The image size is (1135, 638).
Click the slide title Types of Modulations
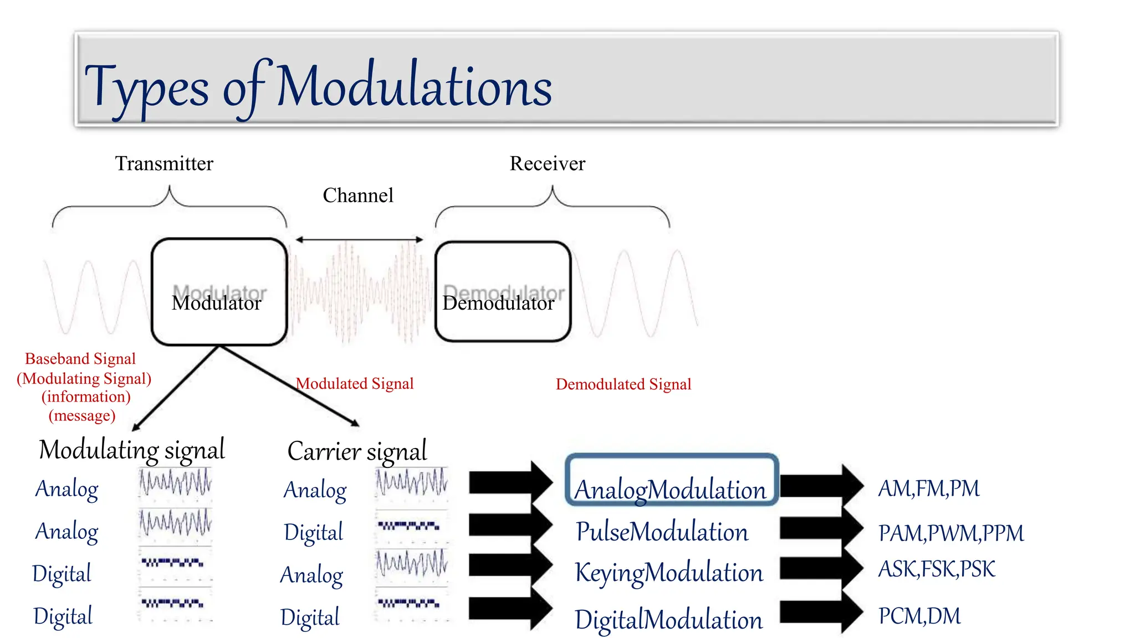(318, 86)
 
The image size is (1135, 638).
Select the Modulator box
(219, 292)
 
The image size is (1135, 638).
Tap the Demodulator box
(502, 292)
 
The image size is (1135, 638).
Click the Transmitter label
(164, 164)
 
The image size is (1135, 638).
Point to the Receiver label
(547, 164)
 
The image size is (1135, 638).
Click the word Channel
(358, 195)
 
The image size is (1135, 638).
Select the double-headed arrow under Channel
(359, 240)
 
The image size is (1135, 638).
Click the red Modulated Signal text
(355, 384)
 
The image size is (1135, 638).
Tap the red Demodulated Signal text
(623, 384)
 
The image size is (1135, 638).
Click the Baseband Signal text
(80, 359)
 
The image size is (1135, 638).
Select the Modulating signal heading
(132, 450)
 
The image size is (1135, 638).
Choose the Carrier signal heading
(357, 451)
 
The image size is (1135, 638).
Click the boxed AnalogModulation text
(671, 490)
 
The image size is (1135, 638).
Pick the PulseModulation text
(662, 532)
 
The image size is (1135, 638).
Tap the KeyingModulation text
(669, 573)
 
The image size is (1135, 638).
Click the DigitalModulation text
(668, 620)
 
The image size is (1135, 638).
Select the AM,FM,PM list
(929, 488)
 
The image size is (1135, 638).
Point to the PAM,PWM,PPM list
(951, 533)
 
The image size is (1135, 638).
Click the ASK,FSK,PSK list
(937, 569)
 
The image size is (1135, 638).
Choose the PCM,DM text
(919, 616)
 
